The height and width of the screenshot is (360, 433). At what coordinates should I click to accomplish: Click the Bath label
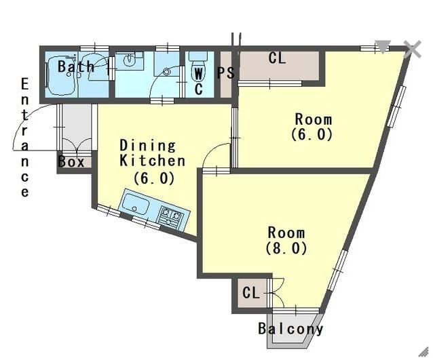point(76,66)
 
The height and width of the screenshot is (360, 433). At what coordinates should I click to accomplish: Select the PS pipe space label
point(225,73)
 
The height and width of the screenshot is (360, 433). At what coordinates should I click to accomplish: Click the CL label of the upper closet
point(277,58)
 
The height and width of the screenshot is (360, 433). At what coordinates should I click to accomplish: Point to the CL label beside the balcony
point(251,293)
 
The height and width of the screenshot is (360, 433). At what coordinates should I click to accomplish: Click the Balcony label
point(290,329)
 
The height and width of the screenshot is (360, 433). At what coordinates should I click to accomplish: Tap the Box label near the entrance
point(71,162)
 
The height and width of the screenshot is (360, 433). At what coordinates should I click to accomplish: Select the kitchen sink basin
point(136,203)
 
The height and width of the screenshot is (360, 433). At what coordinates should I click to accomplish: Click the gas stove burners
point(170,215)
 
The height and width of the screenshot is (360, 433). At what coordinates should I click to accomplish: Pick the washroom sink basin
point(129,60)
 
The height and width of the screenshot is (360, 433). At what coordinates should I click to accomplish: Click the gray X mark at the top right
point(412,49)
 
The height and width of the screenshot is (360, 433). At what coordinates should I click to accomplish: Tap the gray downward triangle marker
point(383,46)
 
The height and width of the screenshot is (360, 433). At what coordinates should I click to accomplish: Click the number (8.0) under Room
point(286,248)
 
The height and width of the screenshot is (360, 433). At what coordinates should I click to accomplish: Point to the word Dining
point(147,146)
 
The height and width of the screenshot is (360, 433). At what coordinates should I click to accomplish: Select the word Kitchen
point(153,161)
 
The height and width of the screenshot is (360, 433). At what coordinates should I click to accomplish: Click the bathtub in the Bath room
point(61,75)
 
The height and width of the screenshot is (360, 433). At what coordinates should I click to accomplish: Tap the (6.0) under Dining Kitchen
point(154,178)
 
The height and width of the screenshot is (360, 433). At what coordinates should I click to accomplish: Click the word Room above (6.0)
point(314,119)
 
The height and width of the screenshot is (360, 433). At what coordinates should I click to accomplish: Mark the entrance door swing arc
point(26,119)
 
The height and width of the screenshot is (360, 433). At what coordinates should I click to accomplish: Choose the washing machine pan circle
point(166,72)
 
